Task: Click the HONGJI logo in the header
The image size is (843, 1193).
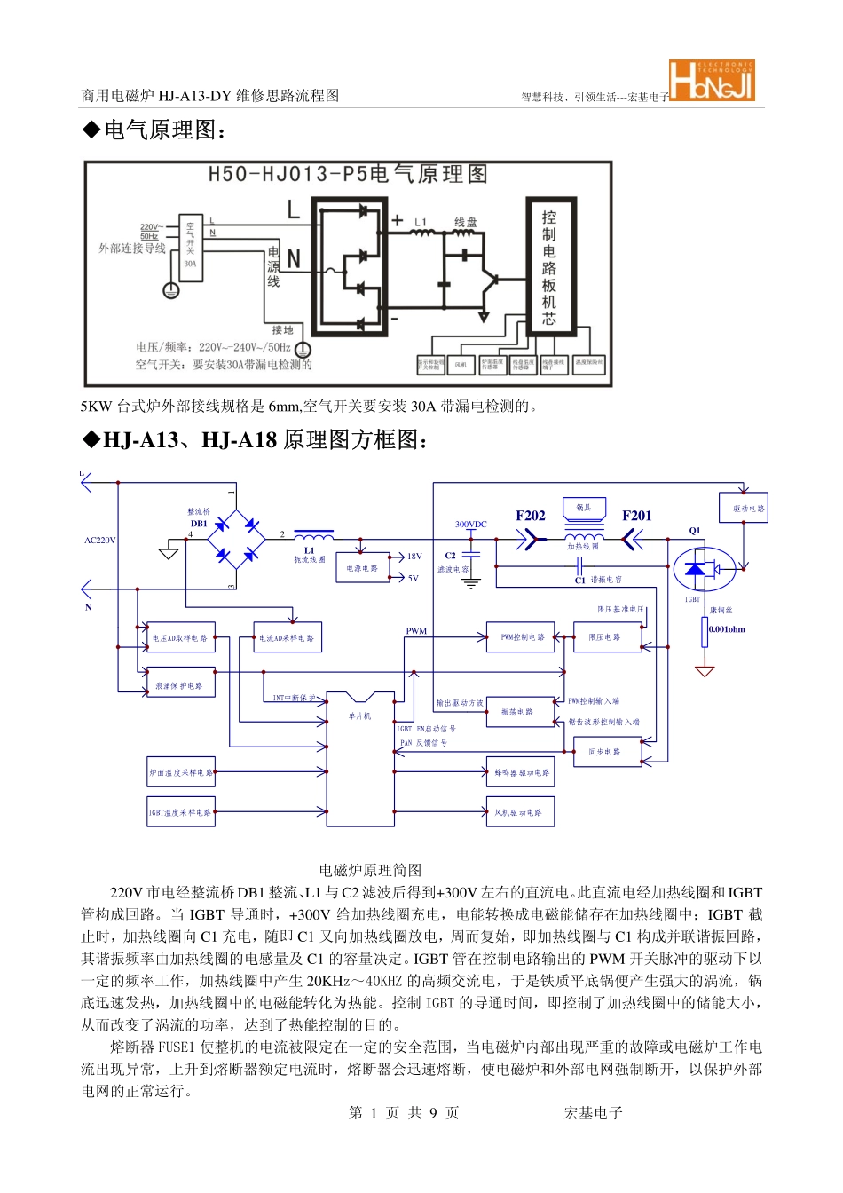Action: [712, 81]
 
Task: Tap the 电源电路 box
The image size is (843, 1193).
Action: [362, 568]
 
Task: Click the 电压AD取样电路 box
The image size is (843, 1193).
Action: [181, 637]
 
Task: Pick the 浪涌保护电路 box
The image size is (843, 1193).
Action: [181, 685]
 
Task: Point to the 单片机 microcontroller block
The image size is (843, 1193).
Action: [360, 759]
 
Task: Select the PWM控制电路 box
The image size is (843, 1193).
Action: [520, 637]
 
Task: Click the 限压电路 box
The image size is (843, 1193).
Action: [607, 637]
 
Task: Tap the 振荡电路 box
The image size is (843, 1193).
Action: [520, 712]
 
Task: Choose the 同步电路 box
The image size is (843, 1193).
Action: [607, 752]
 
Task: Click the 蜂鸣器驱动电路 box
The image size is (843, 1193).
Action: [520, 772]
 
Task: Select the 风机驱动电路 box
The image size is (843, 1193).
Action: [520, 812]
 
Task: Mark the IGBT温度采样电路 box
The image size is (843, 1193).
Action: [181, 812]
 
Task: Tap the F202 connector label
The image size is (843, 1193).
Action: [531, 516]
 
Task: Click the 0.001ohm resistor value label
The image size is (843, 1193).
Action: [727, 629]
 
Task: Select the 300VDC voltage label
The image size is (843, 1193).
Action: [471, 525]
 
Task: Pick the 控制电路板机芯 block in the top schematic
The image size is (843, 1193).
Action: [550, 267]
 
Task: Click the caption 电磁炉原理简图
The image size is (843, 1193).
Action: [371, 870]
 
